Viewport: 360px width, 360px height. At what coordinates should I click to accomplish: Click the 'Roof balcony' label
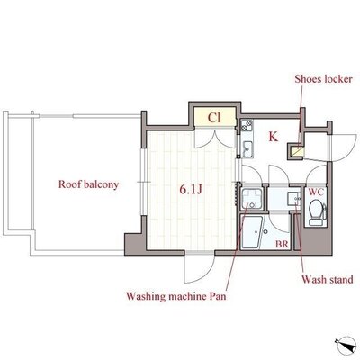tap(88, 184)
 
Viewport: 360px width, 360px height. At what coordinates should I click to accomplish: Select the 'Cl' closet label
tap(214, 118)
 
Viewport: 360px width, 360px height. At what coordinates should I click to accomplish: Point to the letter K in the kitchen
tap(274, 137)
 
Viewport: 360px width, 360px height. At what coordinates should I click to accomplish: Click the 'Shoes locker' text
tap(323, 79)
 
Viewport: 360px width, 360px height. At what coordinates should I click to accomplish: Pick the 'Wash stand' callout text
tap(328, 280)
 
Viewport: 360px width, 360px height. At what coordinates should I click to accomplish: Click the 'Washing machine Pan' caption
tap(176, 296)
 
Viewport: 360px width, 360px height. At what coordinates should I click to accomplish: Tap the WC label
tap(316, 193)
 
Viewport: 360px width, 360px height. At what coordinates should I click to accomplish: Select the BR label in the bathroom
tap(282, 245)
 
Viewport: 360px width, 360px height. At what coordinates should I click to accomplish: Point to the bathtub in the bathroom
tap(252, 232)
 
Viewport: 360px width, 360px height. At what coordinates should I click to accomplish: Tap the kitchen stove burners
tap(247, 125)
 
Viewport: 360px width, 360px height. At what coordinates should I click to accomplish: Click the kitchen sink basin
tap(247, 148)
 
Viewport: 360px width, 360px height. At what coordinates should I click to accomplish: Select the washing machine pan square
tap(252, 199)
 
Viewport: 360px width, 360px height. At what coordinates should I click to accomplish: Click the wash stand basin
tap(293, 199)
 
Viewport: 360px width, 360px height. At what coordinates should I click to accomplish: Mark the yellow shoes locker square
tap(298, 151)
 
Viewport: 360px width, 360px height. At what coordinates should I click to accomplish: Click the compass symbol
tap(346, 344)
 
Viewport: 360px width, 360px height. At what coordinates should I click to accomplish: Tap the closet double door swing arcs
tap(214, 139)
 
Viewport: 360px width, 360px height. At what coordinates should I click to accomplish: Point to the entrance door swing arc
tap(342, 148)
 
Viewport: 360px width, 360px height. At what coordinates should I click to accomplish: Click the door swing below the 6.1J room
tap(200, 268)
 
